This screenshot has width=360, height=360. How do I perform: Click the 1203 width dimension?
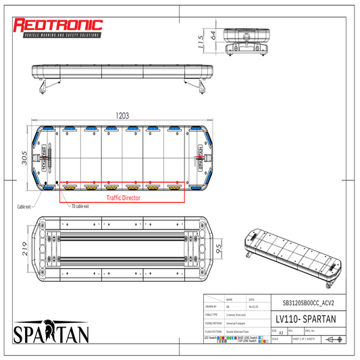(122, 116)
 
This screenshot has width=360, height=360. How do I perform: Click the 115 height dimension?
(201, 43)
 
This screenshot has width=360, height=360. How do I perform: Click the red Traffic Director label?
(123, 199)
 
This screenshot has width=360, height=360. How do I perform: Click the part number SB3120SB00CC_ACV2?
(303, 303)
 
